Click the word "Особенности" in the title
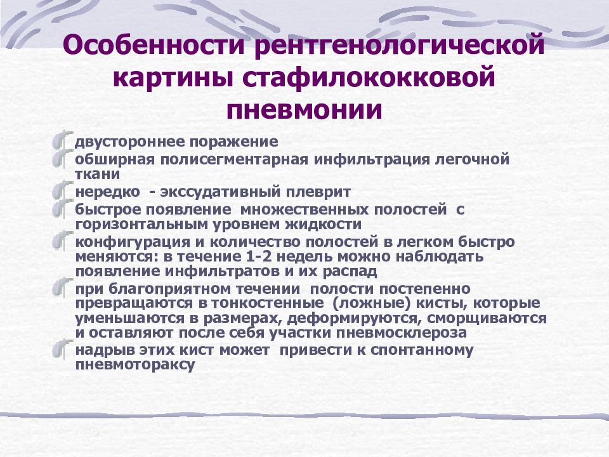click(153, 48)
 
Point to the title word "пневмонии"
click(304, 110)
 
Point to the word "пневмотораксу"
click(134, 365)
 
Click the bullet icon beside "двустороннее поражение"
click(61, 140)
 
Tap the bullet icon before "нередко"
click(61, 190)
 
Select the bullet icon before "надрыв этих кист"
click(61, 349)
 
